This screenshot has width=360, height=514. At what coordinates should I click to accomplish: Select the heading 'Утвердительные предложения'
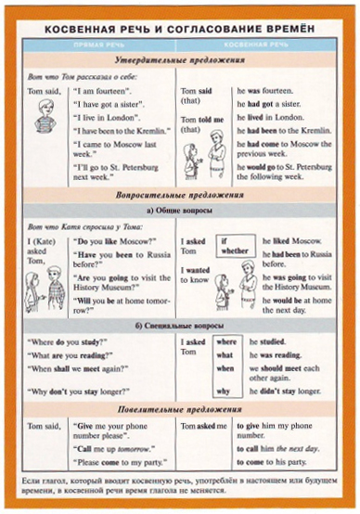(x=179, y=60)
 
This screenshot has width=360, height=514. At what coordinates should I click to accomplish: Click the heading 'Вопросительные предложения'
(x=179, y=196)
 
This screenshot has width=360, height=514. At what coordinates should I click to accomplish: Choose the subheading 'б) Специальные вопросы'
(x=179, y=325)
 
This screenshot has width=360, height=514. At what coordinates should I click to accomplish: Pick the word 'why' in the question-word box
(x=224, y=391)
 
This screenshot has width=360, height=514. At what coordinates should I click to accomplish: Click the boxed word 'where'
(x=225, y=342)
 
